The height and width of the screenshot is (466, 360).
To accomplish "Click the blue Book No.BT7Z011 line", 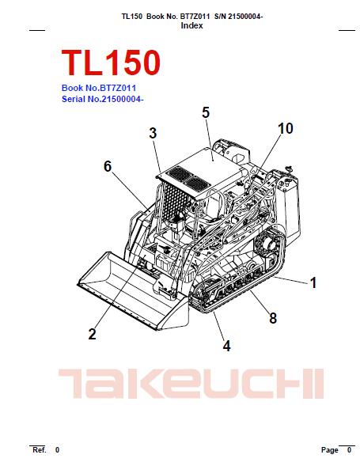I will click(x=99, y=88).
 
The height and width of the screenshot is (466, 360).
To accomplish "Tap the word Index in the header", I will click(x=191, y=25).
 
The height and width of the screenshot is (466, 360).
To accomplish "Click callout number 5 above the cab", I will click(x=206, y=113).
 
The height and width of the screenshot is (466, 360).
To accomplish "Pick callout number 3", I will click(x=153, y=133).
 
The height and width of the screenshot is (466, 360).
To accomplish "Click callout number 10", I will click(x=285, y=128).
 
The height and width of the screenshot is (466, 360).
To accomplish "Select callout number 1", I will click(x=313, y=282).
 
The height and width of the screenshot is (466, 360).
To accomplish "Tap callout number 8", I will click(x=272, y=318).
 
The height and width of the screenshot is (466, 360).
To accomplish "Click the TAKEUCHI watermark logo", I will click(x=190, y=385).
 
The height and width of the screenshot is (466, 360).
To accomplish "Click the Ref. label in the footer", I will click(x=39, y=449).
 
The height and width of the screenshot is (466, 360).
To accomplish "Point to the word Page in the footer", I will click(x=329, y=450).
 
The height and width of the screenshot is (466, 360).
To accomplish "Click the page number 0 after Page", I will click(x=349, y=450).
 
